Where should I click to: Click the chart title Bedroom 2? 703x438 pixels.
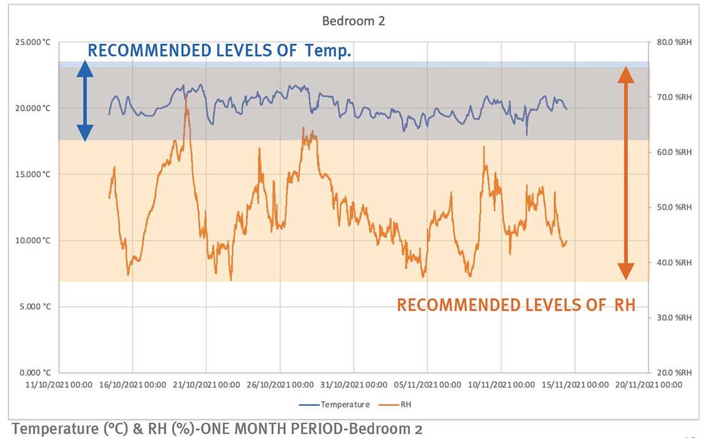pos(353,21)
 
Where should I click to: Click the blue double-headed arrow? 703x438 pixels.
pos(85,101)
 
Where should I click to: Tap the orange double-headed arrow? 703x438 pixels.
pos(625,173)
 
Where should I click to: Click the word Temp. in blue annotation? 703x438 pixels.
pos(328,51)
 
